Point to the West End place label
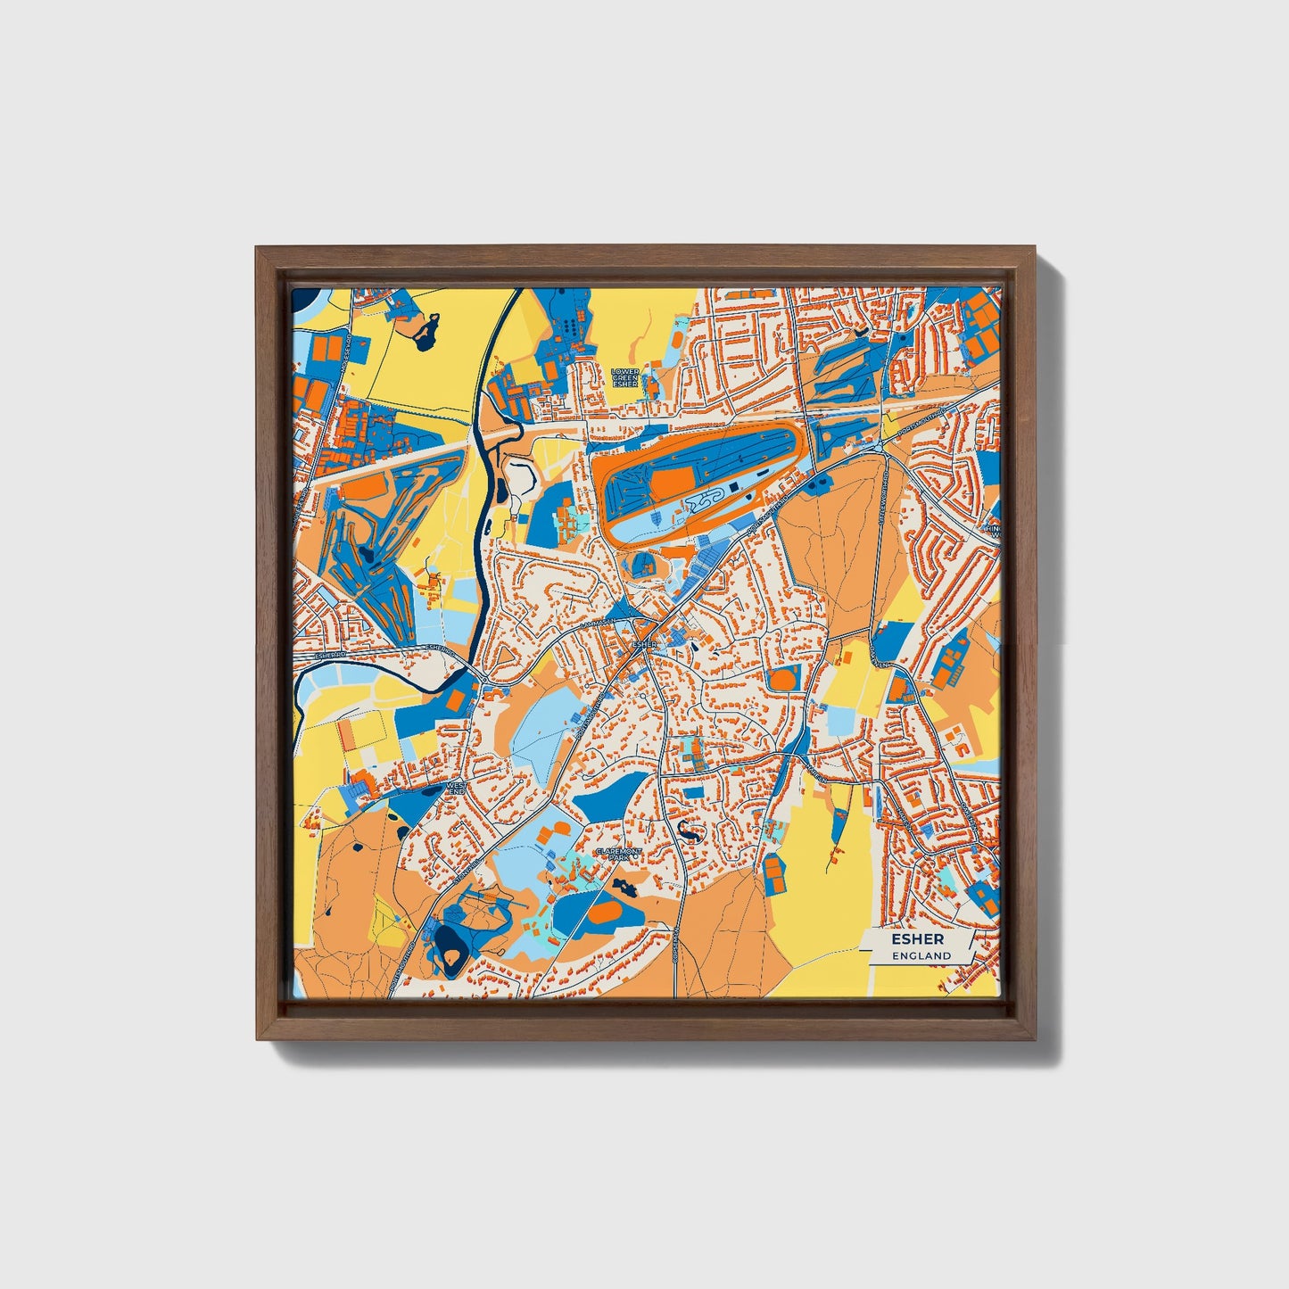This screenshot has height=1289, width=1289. pos(457,789)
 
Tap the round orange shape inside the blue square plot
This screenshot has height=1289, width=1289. pos(786,679)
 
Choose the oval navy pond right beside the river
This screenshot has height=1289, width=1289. pos(500,489)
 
